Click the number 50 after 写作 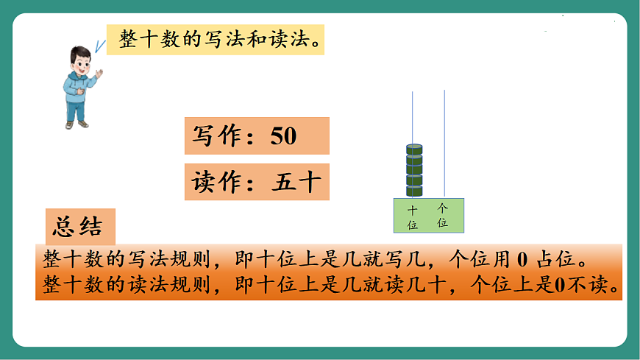coord(283,136)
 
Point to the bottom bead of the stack coord(414,191)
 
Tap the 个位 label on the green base coord(442,215)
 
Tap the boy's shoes coord(77,124)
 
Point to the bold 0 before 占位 coord(522,259)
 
